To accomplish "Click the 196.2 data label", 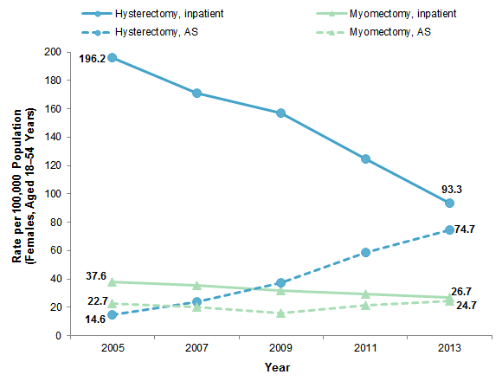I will pos(92,60).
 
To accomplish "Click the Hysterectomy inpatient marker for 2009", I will pos(280,113).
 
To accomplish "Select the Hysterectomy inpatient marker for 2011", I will pos(365,158).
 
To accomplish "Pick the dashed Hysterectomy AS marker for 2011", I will pos(365,252).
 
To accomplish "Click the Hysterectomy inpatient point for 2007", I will pos(196,93).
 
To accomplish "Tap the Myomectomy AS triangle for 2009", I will pos(280,313).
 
